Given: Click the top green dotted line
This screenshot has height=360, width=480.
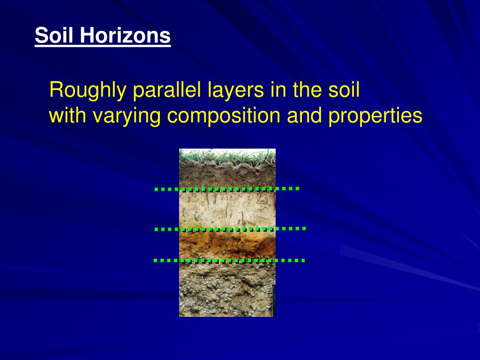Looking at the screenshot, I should click(226, 189).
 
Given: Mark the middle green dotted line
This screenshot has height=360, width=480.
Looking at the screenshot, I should click(230, 229).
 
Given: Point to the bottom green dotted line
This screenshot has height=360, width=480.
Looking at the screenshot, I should click(229, 260).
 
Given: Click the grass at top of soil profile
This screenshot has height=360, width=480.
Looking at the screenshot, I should click(227, 156).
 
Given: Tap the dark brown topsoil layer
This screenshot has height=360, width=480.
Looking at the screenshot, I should click(227, 176).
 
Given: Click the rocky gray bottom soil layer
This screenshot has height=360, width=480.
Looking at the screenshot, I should click(227, 291).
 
